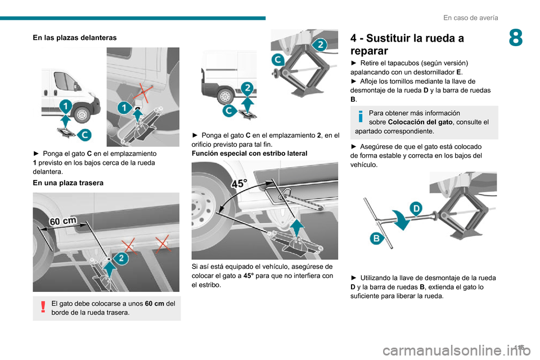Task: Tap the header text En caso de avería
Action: (470, 17)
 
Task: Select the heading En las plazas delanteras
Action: (75, 37)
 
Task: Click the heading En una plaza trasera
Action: (67, 182)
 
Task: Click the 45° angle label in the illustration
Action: (241, 183)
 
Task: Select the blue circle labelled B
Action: (377, 239)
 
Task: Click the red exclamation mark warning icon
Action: (42, 306)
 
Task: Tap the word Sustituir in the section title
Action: (395, 39)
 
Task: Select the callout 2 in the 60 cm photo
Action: (120, 258)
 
